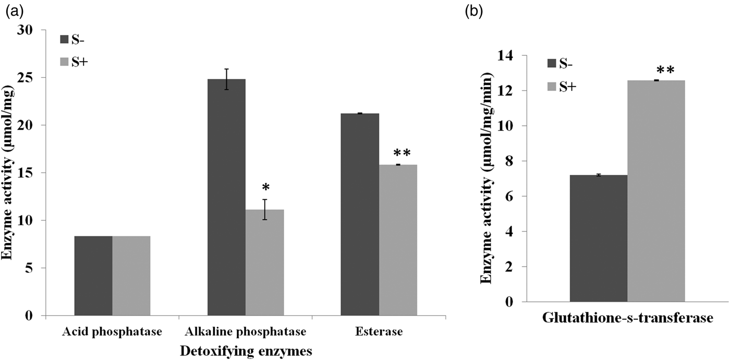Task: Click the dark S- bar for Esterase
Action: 360,214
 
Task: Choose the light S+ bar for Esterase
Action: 398,240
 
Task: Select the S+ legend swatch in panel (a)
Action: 65,62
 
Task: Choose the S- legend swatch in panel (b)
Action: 552,64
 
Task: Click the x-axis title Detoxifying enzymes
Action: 246,351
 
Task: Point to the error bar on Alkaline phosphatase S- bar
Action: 226,79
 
